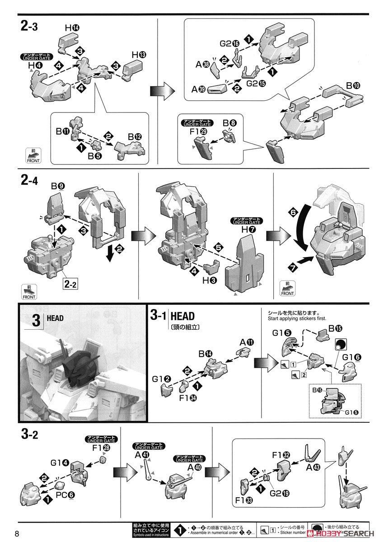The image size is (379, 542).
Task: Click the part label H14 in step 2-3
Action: pyautogui.click(x=71, y=28)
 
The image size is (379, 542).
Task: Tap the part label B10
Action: pyautogui.click(x=353, y=85)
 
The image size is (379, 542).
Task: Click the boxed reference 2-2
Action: pyautogui.click(x=71, y=285)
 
